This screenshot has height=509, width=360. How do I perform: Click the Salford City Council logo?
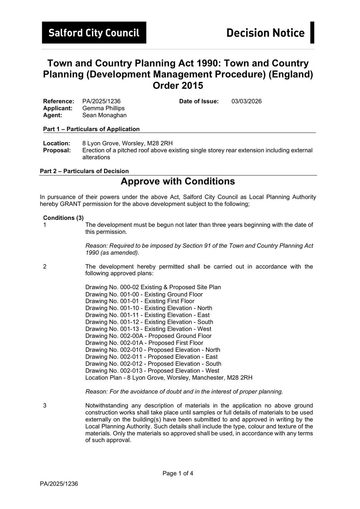(94, 32)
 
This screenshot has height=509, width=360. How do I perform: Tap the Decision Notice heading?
(265, 33)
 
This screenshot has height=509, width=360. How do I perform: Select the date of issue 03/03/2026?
(246, 101)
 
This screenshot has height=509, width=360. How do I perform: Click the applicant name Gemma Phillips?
(103, 108)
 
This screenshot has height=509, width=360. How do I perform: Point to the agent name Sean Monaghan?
(104, 115)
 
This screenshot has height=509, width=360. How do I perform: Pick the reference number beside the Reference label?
(101, 101)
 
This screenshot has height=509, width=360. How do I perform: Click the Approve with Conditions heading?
(178, 181)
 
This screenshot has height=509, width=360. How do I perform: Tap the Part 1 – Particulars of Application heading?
(91, 129)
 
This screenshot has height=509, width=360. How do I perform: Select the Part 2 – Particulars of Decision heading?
(84, 171)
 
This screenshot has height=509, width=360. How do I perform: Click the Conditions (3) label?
(63, 218)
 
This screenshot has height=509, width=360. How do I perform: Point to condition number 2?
(45, 267)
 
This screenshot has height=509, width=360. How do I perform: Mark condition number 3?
(45, 405)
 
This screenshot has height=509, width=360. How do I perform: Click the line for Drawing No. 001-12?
(149, 322)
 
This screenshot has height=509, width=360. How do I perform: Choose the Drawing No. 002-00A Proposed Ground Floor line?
(148, 336)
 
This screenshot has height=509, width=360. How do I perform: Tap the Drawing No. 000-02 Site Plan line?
(153, 287)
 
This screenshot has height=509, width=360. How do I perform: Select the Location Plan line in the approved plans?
(169, 378)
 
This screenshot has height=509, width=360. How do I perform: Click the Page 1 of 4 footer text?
(178, 473)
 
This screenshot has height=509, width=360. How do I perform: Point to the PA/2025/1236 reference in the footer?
(59, 484)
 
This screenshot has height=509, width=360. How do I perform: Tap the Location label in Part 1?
(57, 143)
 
